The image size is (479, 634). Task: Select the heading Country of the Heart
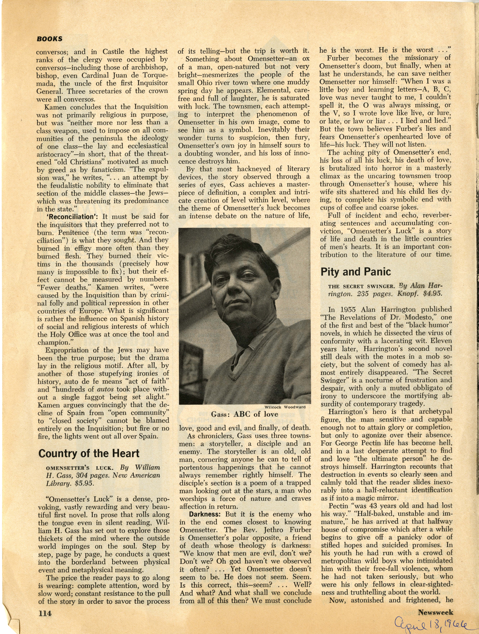coord(89,454)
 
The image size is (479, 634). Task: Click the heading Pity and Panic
coord(355,271)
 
